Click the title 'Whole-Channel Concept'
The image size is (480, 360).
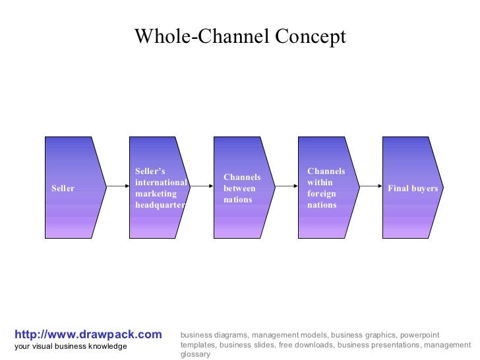pyautogui.click(x=240, y=36)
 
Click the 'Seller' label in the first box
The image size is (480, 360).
pyautogui.click(x=63, y=189)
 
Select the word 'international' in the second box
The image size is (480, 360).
pyautogui.click(x=161, y=183)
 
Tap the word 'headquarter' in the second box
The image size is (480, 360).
pyautogui.click(x=160, y=205)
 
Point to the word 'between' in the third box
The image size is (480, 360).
pyautogui.click(x=239, y=189)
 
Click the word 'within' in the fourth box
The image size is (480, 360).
pyautogui.click(x=320, y=183)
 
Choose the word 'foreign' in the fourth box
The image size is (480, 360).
pyautogui.click(x=322, y=194)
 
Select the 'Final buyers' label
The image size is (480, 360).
pyautogui.click(x=413, y=189)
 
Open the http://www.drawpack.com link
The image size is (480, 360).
pyautogui.click(x=88, y=334)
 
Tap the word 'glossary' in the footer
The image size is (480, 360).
pyautogui.click(x=195, y=354)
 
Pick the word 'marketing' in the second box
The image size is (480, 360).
pyautogui.click(x=156, y=194)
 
